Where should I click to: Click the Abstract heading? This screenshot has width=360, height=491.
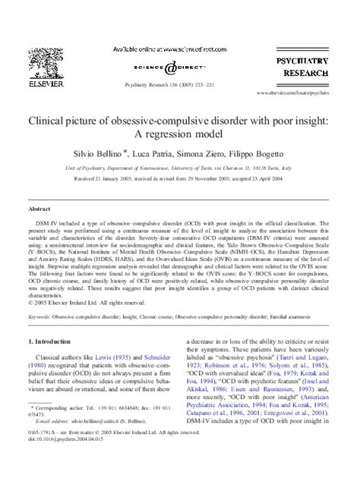[x=39, y=207]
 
